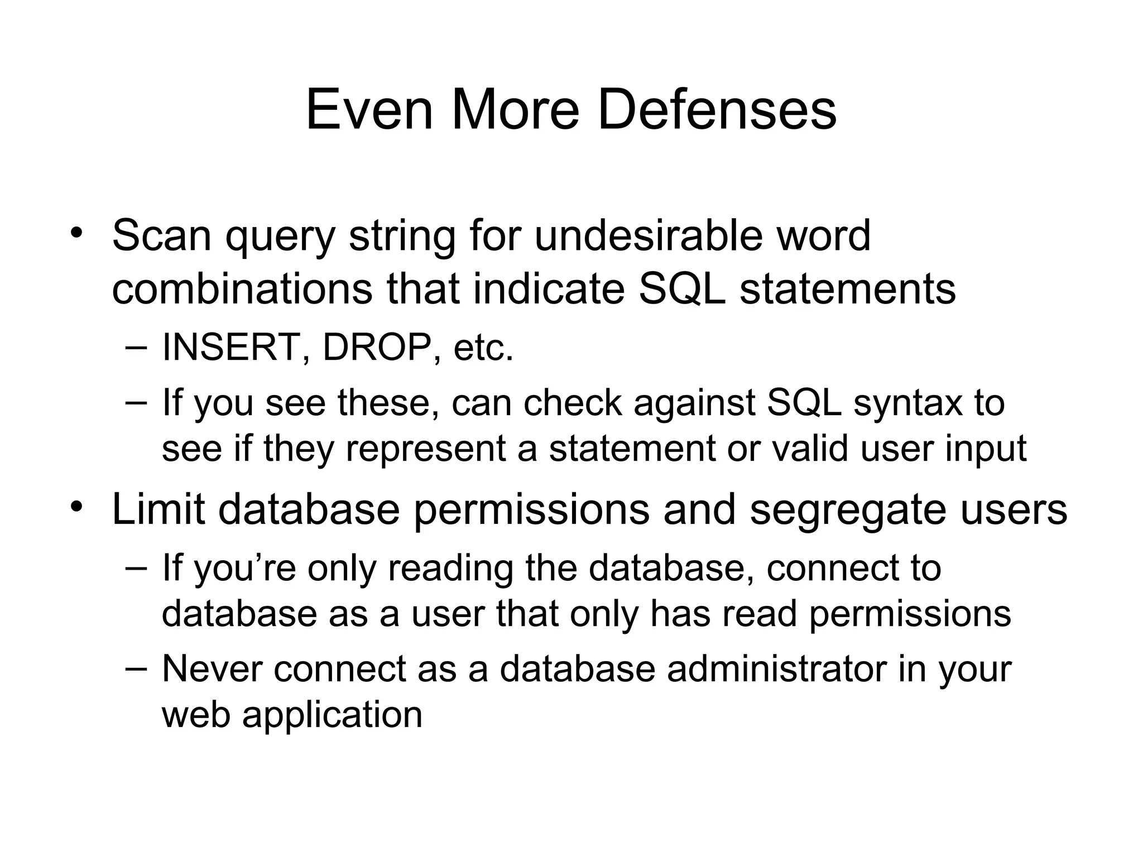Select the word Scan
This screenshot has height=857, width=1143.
pos(162,235)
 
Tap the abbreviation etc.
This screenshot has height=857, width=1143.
pos(483,348)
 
